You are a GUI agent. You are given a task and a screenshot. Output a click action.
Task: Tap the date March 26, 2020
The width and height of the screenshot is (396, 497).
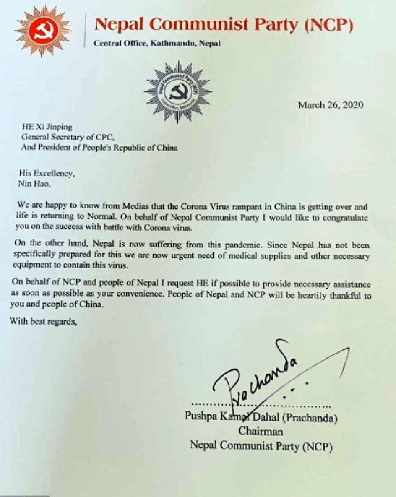coord(331,105)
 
